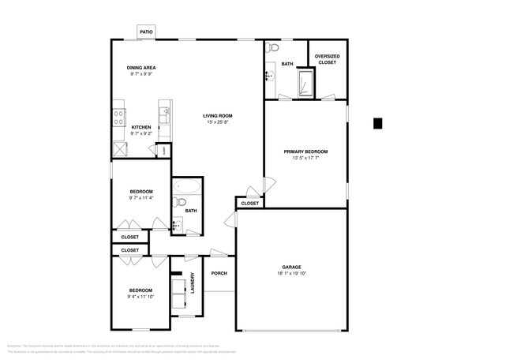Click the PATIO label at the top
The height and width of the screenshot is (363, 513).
click(146, 32)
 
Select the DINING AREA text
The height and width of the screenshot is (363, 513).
click(142, 68)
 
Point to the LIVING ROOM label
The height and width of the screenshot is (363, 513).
click(218, 116)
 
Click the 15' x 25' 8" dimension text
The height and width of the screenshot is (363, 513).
click(219, 122)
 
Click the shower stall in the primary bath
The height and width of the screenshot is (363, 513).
click(304, 82)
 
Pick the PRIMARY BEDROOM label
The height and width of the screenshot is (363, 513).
click(305, 152)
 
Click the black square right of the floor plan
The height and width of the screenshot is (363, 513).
click(377, 123)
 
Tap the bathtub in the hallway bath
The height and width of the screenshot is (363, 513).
click(187, 188)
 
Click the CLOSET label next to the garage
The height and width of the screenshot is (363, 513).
click(249, 204)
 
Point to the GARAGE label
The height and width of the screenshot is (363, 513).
click(291, 267)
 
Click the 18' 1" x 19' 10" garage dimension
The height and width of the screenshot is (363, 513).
click(291, 274)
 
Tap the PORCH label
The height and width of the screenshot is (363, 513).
click(219, 274)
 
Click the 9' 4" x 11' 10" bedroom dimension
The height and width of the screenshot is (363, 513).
click(140, 297)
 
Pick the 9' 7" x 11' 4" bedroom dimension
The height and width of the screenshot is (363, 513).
click(141, 198)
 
